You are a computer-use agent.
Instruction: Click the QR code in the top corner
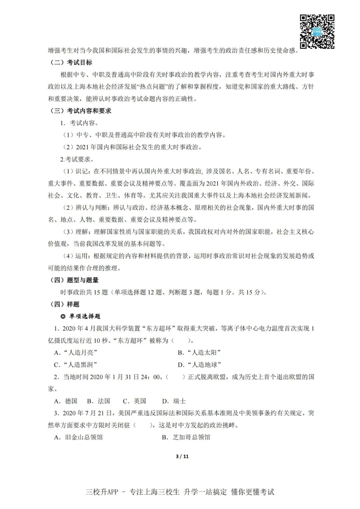[x=317, y=32]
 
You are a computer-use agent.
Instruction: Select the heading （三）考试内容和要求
[x=80, y=111]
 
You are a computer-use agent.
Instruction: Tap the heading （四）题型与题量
[x=74, y=280]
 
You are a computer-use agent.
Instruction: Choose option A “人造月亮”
[x=76, y=353]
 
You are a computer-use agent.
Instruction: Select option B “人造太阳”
[x=199, y=353]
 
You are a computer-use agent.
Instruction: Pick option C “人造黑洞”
[x=76, y=365]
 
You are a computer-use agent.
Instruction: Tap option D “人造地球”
[x=200, y=365]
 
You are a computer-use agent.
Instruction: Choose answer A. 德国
[x=66, y=401]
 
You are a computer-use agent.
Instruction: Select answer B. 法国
[x=99, y=401]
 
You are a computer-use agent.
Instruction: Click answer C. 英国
[x=135, y=401]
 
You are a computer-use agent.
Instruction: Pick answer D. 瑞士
[x=174, y=401]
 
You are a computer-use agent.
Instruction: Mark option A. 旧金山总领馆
[x=79, y=437]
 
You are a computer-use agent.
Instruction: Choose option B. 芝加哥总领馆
[x=186, y=437]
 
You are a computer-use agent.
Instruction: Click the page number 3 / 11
[x=182, y=456]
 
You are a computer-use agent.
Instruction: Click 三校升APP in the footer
[x=102, y=492]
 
